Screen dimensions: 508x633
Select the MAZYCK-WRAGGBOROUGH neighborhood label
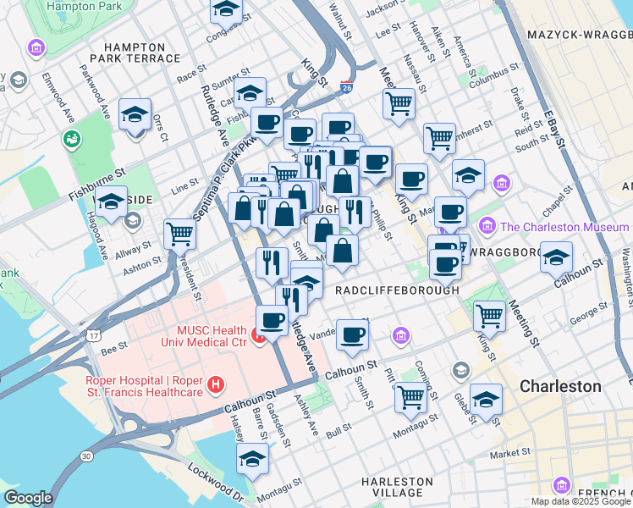(x=580, y=35)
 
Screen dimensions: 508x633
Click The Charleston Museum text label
(x=564, y=227)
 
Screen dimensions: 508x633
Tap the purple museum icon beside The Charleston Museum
(x=487, y=226)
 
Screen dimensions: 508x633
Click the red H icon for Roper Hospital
(x=216, y=385)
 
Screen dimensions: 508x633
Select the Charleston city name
(x=560, y=386)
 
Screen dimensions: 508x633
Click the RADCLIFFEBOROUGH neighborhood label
(x=397, y=290)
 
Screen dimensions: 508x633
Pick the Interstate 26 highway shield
(x=346, y=86)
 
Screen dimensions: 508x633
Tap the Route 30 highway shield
(x=86, y=456)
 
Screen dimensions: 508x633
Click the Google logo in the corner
(x=28, y=497)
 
